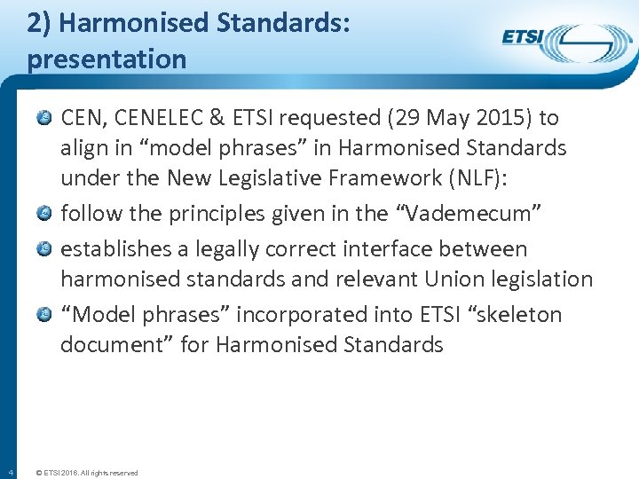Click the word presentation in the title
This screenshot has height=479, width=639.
(x=106, y=59)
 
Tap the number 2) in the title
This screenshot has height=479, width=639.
(x=37, y=24)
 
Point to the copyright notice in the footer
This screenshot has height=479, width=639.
(x=86, y=473)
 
